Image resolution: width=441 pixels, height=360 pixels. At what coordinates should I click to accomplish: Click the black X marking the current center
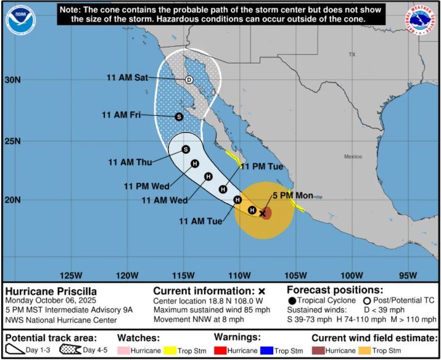pyautogui.click(x=263, y=213)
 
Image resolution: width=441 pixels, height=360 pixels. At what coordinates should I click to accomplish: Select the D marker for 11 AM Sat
pyautogui.click(x=189, y=80)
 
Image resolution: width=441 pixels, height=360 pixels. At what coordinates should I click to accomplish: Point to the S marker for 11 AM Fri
pyautogui.click(x=179, y=117)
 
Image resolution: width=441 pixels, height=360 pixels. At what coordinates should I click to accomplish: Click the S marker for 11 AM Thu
pyautogui.click(x=186, y=149)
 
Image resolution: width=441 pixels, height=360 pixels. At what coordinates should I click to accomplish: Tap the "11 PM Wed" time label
pyautogui.click(x=147, y=186)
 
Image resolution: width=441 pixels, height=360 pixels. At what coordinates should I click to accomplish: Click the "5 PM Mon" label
pyautogui.click(x=293, y=196)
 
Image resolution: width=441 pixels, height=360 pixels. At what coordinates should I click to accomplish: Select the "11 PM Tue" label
pyautogui.click(x=262, y=166)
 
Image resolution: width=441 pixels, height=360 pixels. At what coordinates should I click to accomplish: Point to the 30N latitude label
pyautogui.click(x=13, y=80)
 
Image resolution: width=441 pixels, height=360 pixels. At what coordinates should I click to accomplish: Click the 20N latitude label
pyautogui.click(x=13, y=200)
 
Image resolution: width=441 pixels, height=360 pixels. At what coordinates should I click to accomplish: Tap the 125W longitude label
pyautogui.click(x=72, y=274)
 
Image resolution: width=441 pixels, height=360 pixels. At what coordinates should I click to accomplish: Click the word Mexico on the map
pyautogui.click(x=353, y=157)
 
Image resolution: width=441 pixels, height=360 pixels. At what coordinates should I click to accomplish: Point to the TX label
pyautogui.click(x=352, y=55)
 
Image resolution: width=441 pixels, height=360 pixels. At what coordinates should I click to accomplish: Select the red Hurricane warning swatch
pyautogui.click(x=221, y=350)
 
